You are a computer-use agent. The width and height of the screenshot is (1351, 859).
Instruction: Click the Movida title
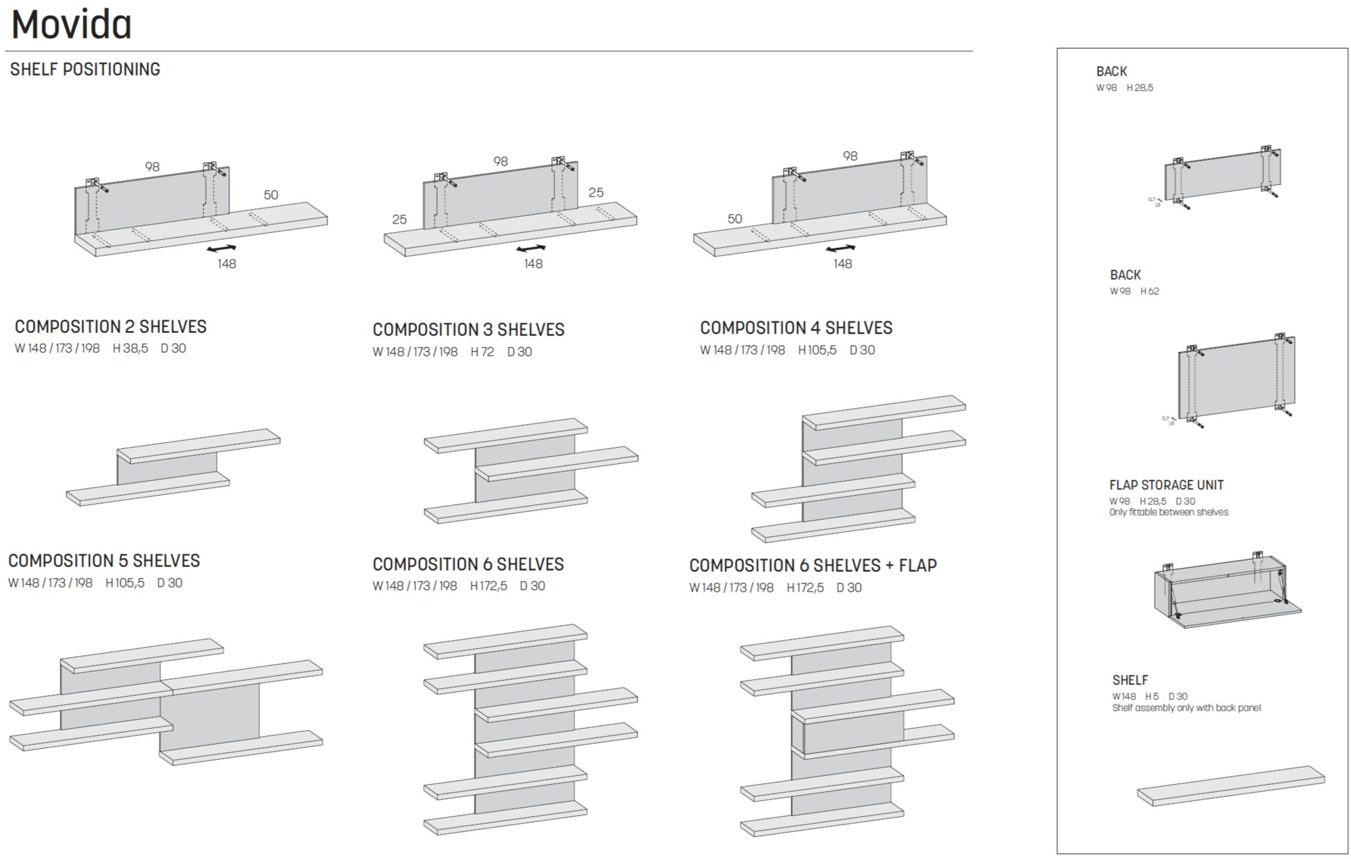click(x=72, y=26)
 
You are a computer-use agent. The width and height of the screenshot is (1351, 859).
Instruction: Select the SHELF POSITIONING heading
click(x=85, y=69)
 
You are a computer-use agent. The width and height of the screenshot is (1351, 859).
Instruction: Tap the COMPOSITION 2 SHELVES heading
click(x=111, y=327)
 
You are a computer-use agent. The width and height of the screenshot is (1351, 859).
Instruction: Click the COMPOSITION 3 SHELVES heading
click(x=468, y=330)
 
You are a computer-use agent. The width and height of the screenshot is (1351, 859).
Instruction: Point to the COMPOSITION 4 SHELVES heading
click(x=796, y=328)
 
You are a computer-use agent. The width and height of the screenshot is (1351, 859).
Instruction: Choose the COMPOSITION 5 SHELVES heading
click(x=104, y=561)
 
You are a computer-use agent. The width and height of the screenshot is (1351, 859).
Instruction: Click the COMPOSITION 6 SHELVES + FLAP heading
click(x=813, y=565)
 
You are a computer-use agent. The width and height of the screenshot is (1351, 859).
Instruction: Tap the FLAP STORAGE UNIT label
click(x=1166, y=485)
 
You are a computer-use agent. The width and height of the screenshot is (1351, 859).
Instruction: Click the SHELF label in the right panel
click(x=1130, y=680)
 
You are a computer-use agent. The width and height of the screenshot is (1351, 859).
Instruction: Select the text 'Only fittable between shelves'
click(x=1169, y=513)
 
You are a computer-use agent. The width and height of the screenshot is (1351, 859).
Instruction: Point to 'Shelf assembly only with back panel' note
click(x=1186, y=708)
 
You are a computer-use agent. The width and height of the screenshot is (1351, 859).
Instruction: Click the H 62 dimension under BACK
click(x=1150, y=292)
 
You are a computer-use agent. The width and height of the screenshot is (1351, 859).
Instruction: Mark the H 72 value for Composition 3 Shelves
click(x=482, y=352)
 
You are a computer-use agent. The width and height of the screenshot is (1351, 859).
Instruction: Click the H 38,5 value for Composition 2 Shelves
click(x=130, y=348)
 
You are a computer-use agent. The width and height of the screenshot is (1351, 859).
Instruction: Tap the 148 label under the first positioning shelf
click(x=227, y=264)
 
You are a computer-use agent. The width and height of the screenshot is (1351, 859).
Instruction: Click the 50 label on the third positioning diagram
click(x=734, y=219)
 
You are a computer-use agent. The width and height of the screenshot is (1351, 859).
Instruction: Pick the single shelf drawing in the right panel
click(x=1230, y=787)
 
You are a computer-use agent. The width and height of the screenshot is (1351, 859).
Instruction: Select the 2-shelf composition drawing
click(x=174, y=466)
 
